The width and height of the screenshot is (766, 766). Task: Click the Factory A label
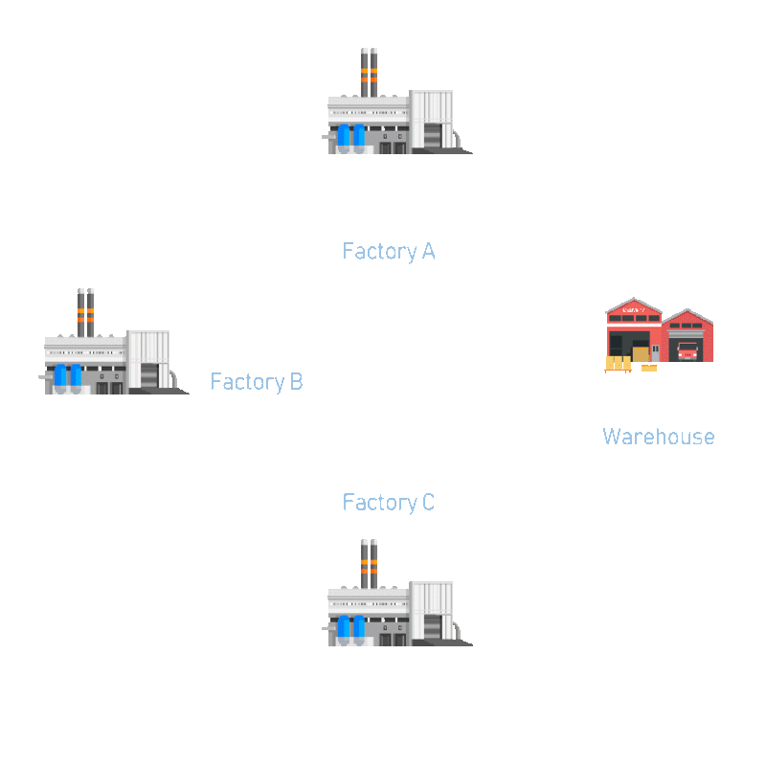(x=389, y=252)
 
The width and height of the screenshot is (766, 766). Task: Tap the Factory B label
(x=257, y=382)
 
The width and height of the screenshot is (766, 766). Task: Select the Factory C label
(x=389, y=503)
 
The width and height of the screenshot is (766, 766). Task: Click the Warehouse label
(x=659, y=437)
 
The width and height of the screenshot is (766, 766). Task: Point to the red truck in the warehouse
(x=687, y=351)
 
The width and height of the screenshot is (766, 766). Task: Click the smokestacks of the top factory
(x=369, y=73)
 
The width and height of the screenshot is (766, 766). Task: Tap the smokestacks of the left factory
(x=85, y=313)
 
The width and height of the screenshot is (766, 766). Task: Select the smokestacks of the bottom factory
(x=369, y=564)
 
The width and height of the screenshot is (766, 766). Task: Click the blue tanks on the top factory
(x=351, y=137)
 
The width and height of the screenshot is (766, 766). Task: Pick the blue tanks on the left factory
(x=68, y=377)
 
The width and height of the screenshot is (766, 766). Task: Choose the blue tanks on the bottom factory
(x=351, y=629)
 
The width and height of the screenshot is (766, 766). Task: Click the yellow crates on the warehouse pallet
(x=618, y=363)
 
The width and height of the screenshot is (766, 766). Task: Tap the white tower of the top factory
(x=432, y=119)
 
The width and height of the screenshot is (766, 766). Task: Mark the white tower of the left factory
(x=148, y=359)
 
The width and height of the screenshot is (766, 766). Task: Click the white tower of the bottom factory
(x=432, y=611)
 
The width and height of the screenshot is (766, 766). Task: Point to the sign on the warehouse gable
(x=634, y=309)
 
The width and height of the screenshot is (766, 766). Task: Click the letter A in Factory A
(x=428, y=251)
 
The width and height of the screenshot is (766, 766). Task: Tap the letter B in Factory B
(x=297, y=381)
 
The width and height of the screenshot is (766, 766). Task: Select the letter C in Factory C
(x=428, y=502)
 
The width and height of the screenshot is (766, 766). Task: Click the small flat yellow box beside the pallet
(x=649, y=368)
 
